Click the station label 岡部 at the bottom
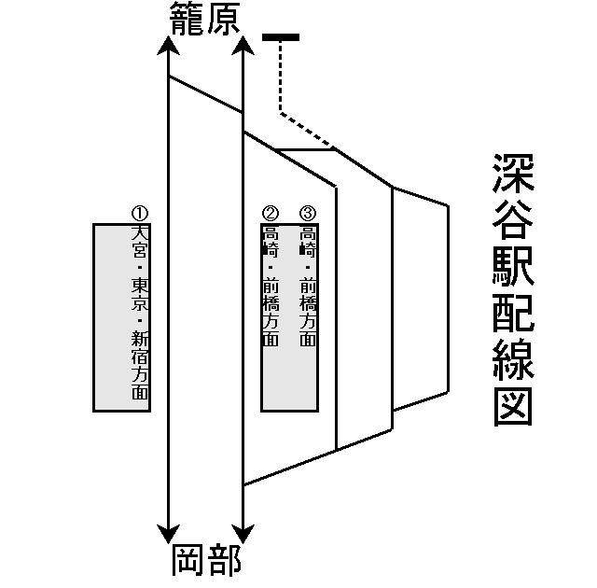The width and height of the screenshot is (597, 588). [207, 562]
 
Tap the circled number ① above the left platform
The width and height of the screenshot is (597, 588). [140, 214]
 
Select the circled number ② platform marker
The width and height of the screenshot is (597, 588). [271, 214]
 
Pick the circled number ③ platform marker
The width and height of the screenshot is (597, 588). [308, 214]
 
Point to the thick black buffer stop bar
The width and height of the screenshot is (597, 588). [281, 37]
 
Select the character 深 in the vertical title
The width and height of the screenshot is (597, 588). [512, 174]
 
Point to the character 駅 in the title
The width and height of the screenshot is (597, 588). [512, 266]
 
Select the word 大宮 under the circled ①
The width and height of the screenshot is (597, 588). [140, 240]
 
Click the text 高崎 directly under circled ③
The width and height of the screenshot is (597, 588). [308, 240]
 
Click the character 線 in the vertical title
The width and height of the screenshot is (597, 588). [512, 358]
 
